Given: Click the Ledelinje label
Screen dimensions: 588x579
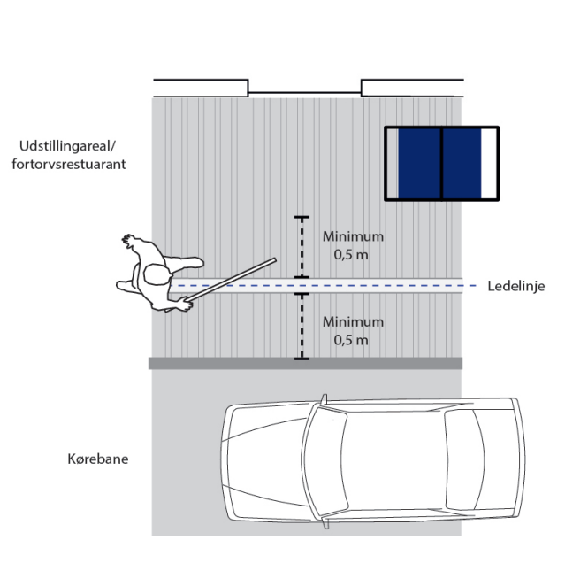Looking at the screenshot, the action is (x=516, y=287).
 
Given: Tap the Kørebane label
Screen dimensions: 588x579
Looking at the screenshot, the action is (x=98, y=459).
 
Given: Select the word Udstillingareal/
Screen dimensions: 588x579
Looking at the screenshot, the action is (x=67, y=146).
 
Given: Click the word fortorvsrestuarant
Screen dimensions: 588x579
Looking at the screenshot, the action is (x=69, y=165).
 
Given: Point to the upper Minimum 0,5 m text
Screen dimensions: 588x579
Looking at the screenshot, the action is (x=353, y=245).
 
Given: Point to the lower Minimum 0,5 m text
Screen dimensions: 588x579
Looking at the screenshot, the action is (x=353, y=331).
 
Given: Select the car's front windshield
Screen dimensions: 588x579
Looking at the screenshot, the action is (x=325, y=461).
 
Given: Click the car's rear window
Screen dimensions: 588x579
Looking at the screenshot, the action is (x=464, y=460).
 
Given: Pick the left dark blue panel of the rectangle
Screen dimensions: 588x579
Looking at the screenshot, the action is (x=419, y=163).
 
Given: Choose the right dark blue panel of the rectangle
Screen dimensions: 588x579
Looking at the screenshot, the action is (x=462, y=163).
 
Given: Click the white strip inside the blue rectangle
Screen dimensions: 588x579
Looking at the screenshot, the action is (x=489, y=163).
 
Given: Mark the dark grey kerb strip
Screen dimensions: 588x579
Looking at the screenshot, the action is (x=305, y=363).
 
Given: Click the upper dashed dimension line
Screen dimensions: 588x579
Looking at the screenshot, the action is (x=302, y=247).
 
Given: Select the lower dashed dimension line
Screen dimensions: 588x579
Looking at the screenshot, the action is (x=302, y=327).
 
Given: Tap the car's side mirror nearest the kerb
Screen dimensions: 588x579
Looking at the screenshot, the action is (x=324, y=399).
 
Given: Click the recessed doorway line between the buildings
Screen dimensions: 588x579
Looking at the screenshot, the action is (x=304, y=92).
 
